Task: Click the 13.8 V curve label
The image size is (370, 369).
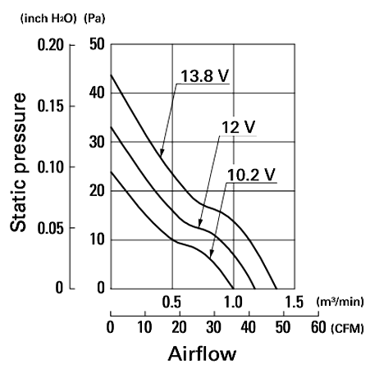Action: (204, 75)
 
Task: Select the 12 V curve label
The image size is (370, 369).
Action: (238, 127)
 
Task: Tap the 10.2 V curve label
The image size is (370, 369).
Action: (251, 175)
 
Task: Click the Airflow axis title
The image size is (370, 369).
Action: (202, 353)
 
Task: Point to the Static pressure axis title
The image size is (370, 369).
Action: (18, 162)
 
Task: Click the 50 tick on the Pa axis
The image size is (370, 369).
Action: (97, 44)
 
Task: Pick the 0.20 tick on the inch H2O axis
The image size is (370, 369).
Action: (51, 44)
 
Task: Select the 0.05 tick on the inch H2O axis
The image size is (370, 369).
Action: (51, 228)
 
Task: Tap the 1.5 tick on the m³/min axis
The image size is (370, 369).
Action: (295, 303)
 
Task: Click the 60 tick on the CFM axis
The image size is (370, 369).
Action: (318, 327)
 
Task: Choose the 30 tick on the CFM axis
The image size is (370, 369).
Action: (214, 327)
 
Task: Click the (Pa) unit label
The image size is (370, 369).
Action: (94, 19)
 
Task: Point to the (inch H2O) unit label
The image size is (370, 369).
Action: (48, 19)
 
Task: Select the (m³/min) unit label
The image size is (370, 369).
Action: (340, 302)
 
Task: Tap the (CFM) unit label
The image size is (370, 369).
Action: (347, 328)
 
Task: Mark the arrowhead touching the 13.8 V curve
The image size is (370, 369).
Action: (162, 153)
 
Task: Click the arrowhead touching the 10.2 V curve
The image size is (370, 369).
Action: (211, 254)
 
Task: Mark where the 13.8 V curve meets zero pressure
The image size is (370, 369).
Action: (276, 289)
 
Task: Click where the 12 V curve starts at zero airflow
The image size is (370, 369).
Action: (111, 127)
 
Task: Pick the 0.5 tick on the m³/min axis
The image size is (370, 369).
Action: (171, 303)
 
